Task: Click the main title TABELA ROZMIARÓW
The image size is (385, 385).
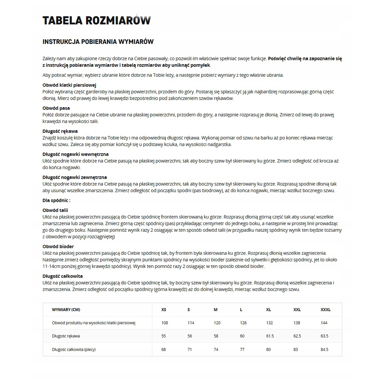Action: point(97,20)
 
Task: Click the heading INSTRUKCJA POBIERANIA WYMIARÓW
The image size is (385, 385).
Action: point(98,42)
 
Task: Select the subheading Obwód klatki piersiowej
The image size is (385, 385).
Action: point(69,85)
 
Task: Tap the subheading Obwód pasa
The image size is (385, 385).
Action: point(56,108)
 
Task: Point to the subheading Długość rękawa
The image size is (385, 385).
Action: point(60,131)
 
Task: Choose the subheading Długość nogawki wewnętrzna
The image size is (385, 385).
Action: point(75,154)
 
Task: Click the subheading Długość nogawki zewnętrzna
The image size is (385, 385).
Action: point(75,177)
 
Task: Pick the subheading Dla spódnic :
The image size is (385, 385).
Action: point(56,201)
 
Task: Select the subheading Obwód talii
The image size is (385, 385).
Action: point(55,210)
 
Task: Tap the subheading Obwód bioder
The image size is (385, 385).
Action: point(58,246)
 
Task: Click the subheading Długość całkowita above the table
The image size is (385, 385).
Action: point(63,276)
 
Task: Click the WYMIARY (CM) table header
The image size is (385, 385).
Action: point(66,310)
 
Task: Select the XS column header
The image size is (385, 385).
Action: point(164,310)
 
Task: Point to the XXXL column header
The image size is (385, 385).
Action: point(325,310)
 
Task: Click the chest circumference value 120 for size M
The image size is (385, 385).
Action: point(217,323)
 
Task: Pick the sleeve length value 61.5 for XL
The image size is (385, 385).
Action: point(270,336)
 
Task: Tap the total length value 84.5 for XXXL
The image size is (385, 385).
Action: point(324,349)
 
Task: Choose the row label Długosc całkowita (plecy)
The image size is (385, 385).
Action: point(74,349)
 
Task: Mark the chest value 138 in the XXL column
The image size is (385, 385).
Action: point(297,323)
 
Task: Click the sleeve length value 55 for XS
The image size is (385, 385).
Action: point(164,336)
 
